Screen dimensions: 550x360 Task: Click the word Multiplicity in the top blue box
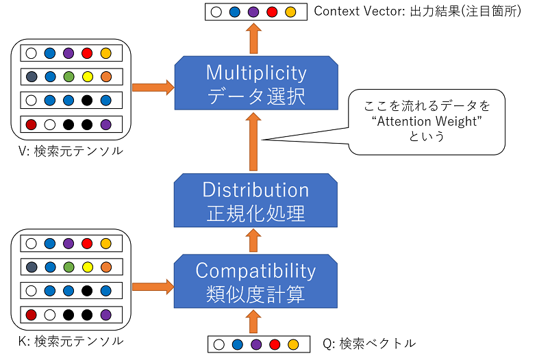[x=256, y=73]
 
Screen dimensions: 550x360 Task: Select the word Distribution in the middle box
[x=255, y=190]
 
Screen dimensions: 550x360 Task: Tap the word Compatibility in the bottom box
[x=255, y=271]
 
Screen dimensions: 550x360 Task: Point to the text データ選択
[x=256, y=97]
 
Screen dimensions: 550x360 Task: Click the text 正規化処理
[x=255, y=214]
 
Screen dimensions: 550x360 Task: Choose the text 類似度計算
[x=255, y=294]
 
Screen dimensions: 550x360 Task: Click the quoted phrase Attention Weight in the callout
[x=427, y=121]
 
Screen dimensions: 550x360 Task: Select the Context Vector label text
[x=417, y=11]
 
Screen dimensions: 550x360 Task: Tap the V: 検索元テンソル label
[x=71, y=151]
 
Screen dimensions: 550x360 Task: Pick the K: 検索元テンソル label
[x=71, y=341]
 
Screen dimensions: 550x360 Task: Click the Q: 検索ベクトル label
[x=369, y=343]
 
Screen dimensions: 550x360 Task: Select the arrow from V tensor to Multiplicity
[x=153, y=88]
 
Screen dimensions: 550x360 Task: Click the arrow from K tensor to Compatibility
[x=153, y=287]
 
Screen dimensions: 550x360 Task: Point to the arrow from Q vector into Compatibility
[x=253, y=322]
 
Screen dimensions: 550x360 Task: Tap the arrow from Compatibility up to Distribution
[x=253, y=240]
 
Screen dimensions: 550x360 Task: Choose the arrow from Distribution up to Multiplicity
[x=253, y=141]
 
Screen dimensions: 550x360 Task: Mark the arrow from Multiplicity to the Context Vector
[x=253, y=38]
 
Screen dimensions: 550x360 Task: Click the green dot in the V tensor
[x=68, y=77]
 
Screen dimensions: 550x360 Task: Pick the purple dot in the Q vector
[x=256, y=344]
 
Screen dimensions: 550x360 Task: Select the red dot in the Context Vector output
[x=272, y=12]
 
